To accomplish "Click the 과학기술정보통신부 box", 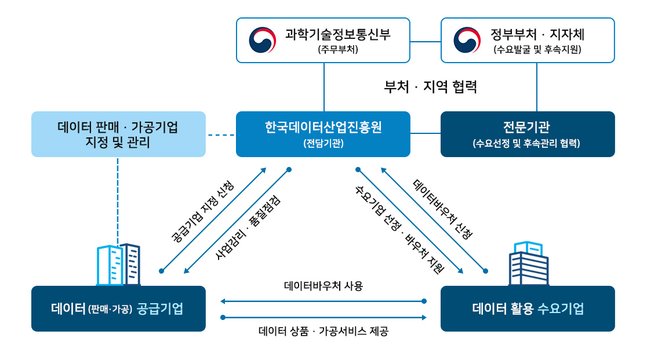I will [323, 40].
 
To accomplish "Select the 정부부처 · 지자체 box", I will [528, 40].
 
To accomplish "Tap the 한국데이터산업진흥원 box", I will [323, 134].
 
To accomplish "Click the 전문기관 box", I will [528, 134].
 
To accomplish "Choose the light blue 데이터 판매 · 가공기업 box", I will [118, 134].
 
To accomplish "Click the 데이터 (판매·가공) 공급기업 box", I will [118, 308].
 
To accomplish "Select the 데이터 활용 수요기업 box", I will [528, 308].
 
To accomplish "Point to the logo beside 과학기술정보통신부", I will [263, 40].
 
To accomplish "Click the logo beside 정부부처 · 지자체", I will [467, 40].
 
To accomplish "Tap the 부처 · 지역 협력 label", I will [430, 87].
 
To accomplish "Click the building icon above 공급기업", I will [118, 265].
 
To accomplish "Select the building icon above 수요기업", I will [528, 264].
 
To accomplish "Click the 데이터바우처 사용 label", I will [323, 286].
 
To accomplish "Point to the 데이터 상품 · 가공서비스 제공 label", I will [323, 332].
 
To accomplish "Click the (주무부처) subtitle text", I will [338, 49].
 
